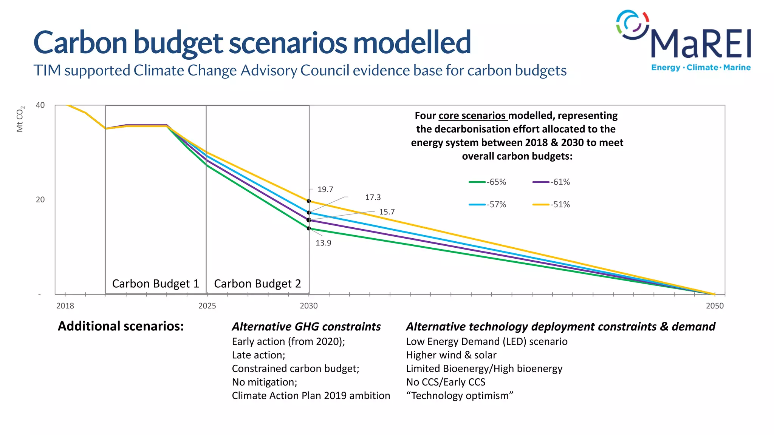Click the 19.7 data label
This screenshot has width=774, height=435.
[325, 189]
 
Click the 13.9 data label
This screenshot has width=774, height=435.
[323, 243]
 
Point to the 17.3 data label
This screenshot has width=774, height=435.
[373, 197]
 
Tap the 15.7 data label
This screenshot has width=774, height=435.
[387, 212]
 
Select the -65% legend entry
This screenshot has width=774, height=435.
[488, 182]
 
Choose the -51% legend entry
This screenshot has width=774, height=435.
[551, 205]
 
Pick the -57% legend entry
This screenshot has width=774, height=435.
[488, 205]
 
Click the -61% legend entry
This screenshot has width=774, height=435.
[551, 182]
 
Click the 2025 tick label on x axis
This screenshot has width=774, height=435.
[207, 306]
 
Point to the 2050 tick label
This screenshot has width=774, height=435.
[715, 306]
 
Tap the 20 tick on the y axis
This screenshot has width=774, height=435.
[40, 200]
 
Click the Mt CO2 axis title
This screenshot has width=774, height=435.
[20, 119]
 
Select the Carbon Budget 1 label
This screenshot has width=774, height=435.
[155, 284]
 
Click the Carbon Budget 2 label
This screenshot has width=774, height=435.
[257, 284]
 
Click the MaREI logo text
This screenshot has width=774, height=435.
[700, 44]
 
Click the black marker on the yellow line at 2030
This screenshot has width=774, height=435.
[309, 201]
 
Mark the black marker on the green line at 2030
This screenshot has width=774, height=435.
[309, 228]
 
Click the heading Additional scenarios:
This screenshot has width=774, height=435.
[121, 326]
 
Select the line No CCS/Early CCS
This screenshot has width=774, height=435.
[446, 382]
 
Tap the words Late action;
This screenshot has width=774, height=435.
[259, 355]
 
